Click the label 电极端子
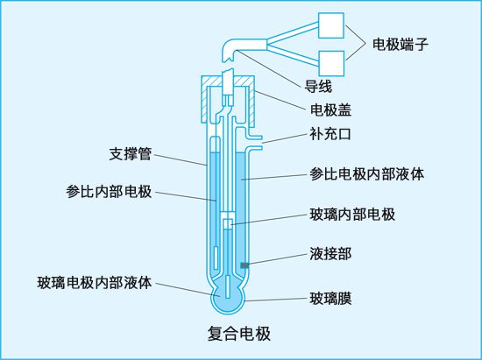point(400,44)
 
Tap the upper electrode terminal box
point(331,25)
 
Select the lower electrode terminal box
point(331,63)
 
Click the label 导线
point(318,87)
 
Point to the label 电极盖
point(330,110)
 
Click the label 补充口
point(330,134)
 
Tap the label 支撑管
point(131,153)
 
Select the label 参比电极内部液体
point(366,173)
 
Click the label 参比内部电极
point(109,192)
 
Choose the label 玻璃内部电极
point(352,214)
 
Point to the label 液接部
point(330,254)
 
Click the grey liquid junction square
point(245,265)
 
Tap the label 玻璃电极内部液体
point(95,282)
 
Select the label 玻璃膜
point(330,299)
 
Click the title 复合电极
point(239,334)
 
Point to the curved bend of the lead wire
point(229,46)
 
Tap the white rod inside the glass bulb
point(228,287)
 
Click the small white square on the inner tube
point(228,223)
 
